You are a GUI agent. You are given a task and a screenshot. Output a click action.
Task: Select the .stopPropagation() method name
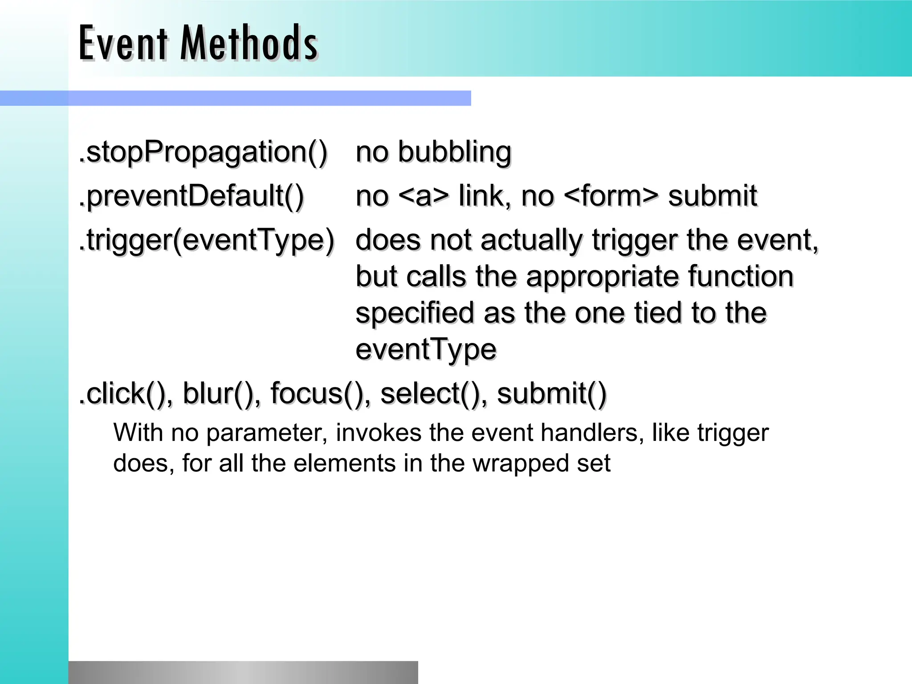203,152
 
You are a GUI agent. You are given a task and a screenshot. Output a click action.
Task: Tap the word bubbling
454,152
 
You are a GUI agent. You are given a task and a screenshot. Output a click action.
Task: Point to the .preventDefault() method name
191,196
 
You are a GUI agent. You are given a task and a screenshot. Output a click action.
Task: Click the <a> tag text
423,196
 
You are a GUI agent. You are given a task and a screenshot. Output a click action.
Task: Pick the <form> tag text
611,196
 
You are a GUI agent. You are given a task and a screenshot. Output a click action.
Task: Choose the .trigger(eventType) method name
206,240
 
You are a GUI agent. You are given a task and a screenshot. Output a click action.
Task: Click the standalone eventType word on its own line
426,349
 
